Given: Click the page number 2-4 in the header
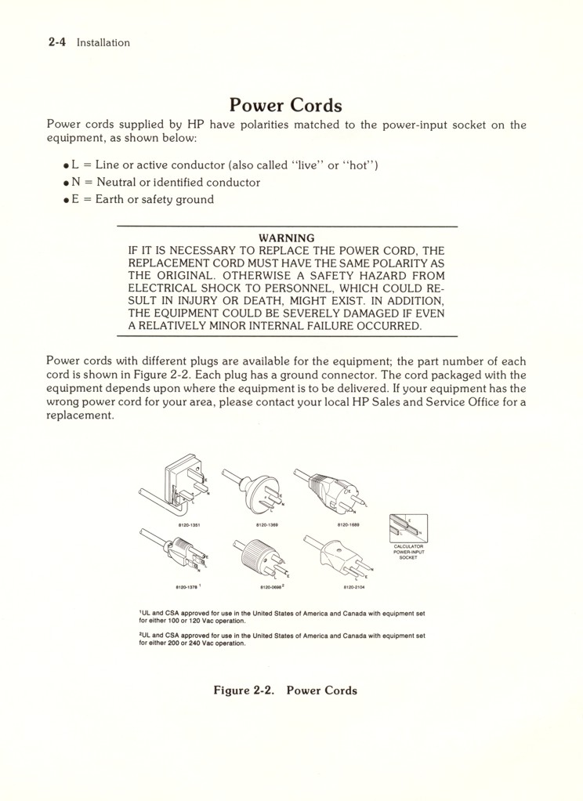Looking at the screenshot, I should (x=57, y=42).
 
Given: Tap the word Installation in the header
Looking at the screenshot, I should (x=103, y=43).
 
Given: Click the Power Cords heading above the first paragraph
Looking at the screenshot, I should (x=285, y=105).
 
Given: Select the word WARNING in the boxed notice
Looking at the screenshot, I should (x=286, y=237).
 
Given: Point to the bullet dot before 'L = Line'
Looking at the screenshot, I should (x=67, y=166).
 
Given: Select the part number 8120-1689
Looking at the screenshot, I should (x=349, y=525).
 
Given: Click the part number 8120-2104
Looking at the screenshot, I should (x=353, y=585).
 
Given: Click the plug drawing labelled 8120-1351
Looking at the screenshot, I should (x=183, y=481).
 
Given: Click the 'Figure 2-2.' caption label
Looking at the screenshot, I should (x=244, y=690).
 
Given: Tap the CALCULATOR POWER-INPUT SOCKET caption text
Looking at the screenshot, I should (x=408, y=552).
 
